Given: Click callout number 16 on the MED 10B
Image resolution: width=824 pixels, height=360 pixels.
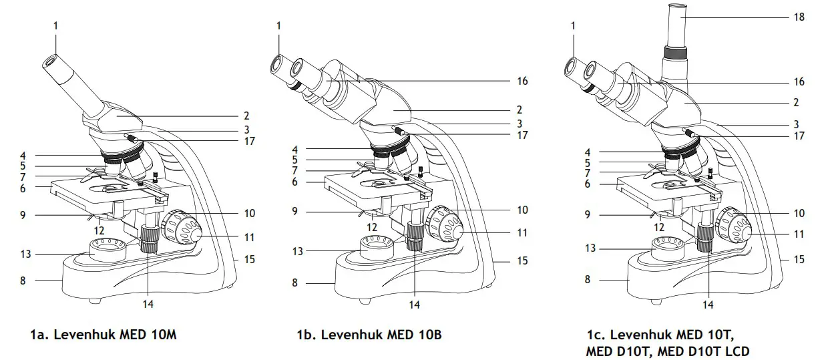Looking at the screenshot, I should pos(522,81).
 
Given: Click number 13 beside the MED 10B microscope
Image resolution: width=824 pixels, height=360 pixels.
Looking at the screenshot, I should pos(298,251).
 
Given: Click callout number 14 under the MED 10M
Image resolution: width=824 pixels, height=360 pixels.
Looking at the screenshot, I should pos(148,305).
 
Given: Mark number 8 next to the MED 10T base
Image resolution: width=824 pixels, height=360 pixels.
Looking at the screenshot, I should pos(588,280).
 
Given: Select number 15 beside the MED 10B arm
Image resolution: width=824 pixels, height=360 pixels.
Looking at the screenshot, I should pos(522,260).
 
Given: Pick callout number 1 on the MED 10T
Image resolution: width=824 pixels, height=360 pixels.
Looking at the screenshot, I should pos(572,25).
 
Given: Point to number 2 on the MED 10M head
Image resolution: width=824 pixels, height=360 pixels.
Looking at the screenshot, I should pos(246,116).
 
